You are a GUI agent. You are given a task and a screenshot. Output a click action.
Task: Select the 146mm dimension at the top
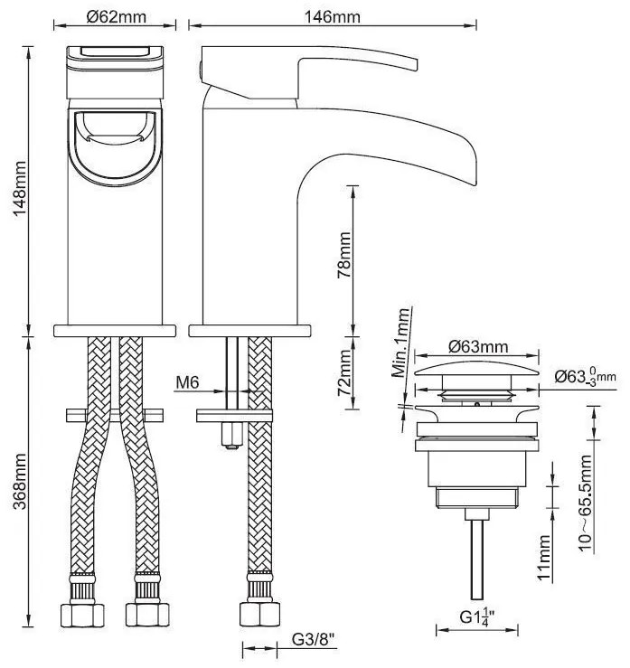307,15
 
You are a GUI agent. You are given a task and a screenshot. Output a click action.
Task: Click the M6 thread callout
187,383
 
